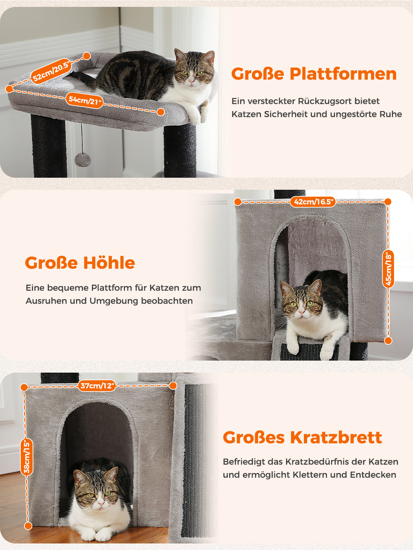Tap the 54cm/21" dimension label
85,101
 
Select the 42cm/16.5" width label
313,202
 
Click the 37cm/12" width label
97,386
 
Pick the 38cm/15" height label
27,457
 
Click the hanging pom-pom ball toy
83,159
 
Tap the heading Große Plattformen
314,74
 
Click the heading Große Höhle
80,263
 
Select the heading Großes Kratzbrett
302,437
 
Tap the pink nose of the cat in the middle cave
301,312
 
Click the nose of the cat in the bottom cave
100,503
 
